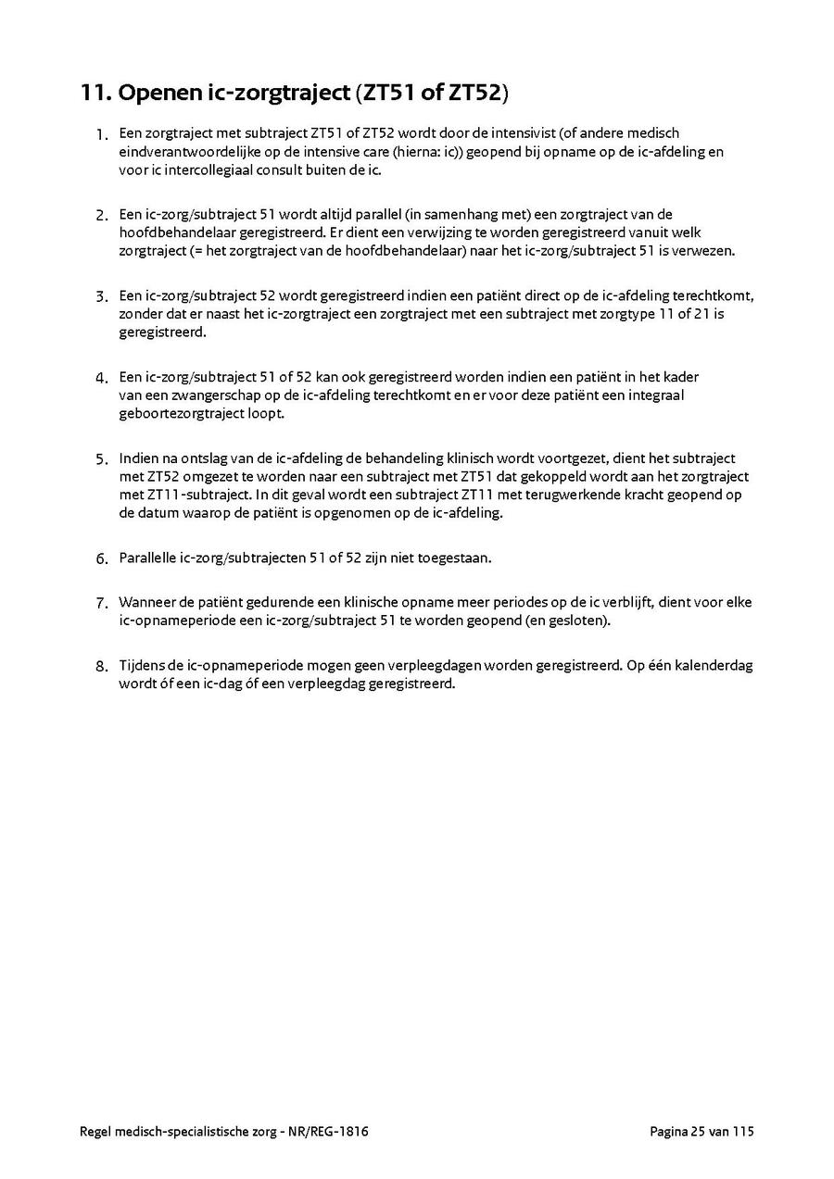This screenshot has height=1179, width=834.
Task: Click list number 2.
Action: click(x=102, y=215)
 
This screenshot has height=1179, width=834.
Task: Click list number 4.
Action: click(x=102, y=378)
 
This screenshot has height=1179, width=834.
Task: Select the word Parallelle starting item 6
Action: click(x=151, y=558)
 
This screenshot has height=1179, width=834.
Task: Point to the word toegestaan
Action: click(x=457, y=558)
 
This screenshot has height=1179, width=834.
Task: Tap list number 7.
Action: click(x=102, y=603)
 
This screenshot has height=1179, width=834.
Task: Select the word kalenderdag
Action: click(x=712, y=666)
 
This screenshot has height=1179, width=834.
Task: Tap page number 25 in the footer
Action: click(x=698, y=1132)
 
